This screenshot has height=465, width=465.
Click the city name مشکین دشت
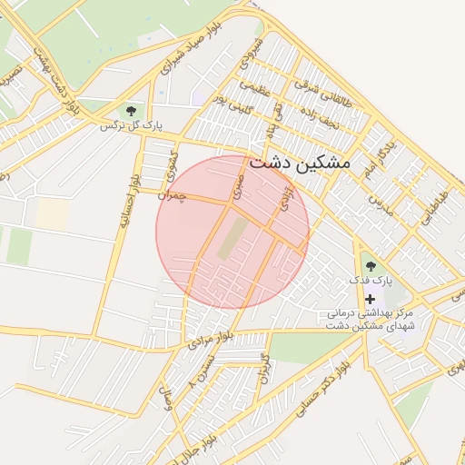tap(298, 163)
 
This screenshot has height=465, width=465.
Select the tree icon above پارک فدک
tap(370, 266)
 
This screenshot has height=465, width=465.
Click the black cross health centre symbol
tap(370, 299)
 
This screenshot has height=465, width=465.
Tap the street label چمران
tap(171, 194)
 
